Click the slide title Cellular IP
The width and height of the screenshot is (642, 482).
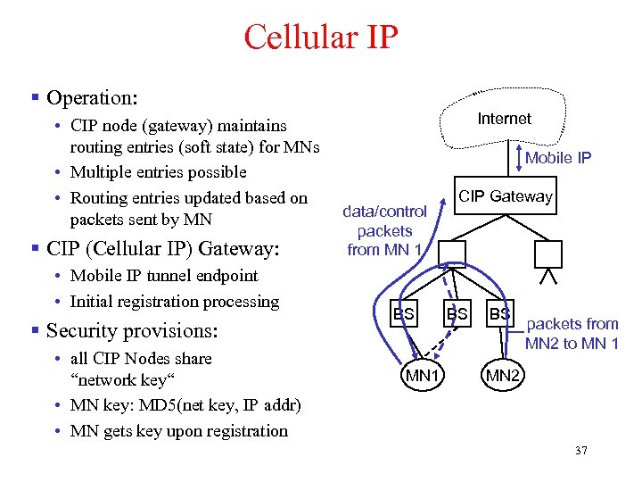(x=321, y=38)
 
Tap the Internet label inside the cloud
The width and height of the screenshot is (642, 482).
(x=504, y=119)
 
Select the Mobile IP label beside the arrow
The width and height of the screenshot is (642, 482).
(x=558, y=158)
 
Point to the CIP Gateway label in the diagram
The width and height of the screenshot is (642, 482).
(x=505, y=196)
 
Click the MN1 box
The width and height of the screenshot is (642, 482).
(x=423, y=376)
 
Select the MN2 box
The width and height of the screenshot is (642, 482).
(x=501, y=376)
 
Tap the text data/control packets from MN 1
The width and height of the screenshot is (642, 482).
(x=386, y=230)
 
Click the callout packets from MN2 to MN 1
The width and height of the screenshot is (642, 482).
(x=572, y=334)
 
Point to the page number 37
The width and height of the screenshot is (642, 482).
(x=581, y=452)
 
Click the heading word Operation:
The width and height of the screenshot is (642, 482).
(x=92, y=97)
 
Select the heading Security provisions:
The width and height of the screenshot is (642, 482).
(x=131, y=330)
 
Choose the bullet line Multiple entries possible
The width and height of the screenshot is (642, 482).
(x=158, y=172)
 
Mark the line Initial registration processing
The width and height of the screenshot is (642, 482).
(x=174, y=302)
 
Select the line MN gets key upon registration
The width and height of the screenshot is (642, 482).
(x=178, y=431)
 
